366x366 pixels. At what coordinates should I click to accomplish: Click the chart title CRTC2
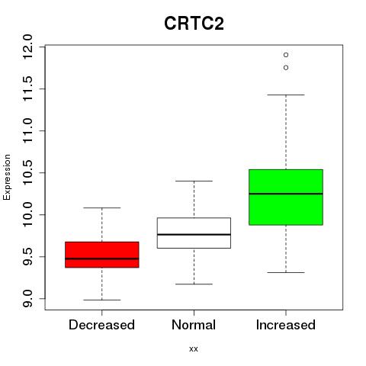point(194,23)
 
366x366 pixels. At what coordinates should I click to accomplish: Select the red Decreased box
point(102,255)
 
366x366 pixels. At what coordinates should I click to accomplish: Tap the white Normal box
point(194,233)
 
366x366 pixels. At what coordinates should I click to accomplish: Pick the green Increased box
point(286,197)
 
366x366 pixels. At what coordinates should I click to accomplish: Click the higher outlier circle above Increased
point(286,55)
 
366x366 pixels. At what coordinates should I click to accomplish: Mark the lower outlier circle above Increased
point(286,68)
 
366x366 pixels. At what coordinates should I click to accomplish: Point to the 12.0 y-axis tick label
point(27,47)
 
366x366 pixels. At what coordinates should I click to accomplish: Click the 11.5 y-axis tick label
point(27,88)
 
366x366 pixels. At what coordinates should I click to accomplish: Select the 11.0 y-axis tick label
point(27,130)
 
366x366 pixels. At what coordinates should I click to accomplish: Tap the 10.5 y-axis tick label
point(27,172)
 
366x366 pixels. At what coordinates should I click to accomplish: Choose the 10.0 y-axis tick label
point(27,214)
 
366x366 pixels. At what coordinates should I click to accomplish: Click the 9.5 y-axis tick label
point(27,256)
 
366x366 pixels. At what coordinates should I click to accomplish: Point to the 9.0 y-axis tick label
point(27,298)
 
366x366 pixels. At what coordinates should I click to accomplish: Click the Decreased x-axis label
point(101,325)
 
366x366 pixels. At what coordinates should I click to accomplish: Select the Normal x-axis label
point(194,325)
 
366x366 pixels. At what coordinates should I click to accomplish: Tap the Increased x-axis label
point(286,325)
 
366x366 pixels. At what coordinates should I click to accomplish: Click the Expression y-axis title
point(7,177)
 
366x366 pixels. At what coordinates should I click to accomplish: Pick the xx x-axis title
point(194,349)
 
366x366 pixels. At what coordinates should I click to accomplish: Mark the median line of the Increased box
point(286,194)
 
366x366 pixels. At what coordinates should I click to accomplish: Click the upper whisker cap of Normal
point(194,181)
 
